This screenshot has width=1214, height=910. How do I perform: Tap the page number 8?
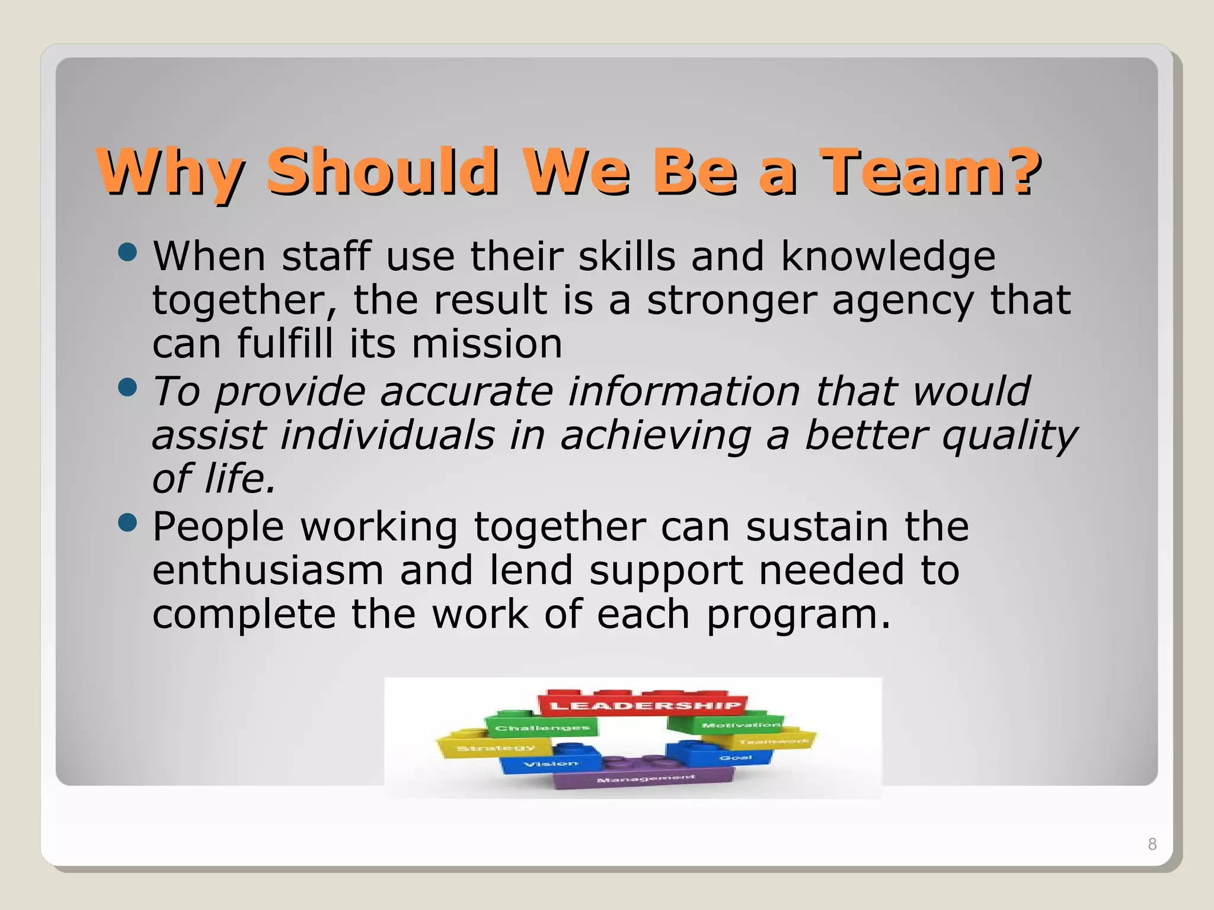click(1152, 844)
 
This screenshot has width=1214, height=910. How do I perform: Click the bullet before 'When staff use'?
click(127, 253)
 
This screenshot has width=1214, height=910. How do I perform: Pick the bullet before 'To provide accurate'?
click(127, 388)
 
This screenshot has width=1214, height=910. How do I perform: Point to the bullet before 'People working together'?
click(127, 523)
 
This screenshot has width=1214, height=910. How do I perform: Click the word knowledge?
click(888, 258)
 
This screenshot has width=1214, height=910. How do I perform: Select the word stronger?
click(731, 301)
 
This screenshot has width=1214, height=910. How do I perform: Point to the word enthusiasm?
click(268, 571)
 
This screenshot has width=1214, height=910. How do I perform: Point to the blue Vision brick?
click(548, 764)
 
